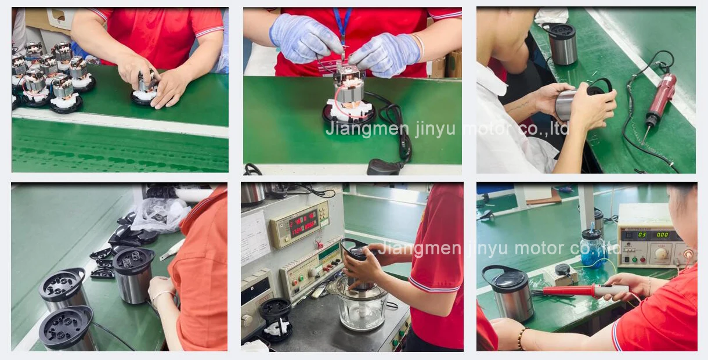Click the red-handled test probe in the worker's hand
pos(580,290)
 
